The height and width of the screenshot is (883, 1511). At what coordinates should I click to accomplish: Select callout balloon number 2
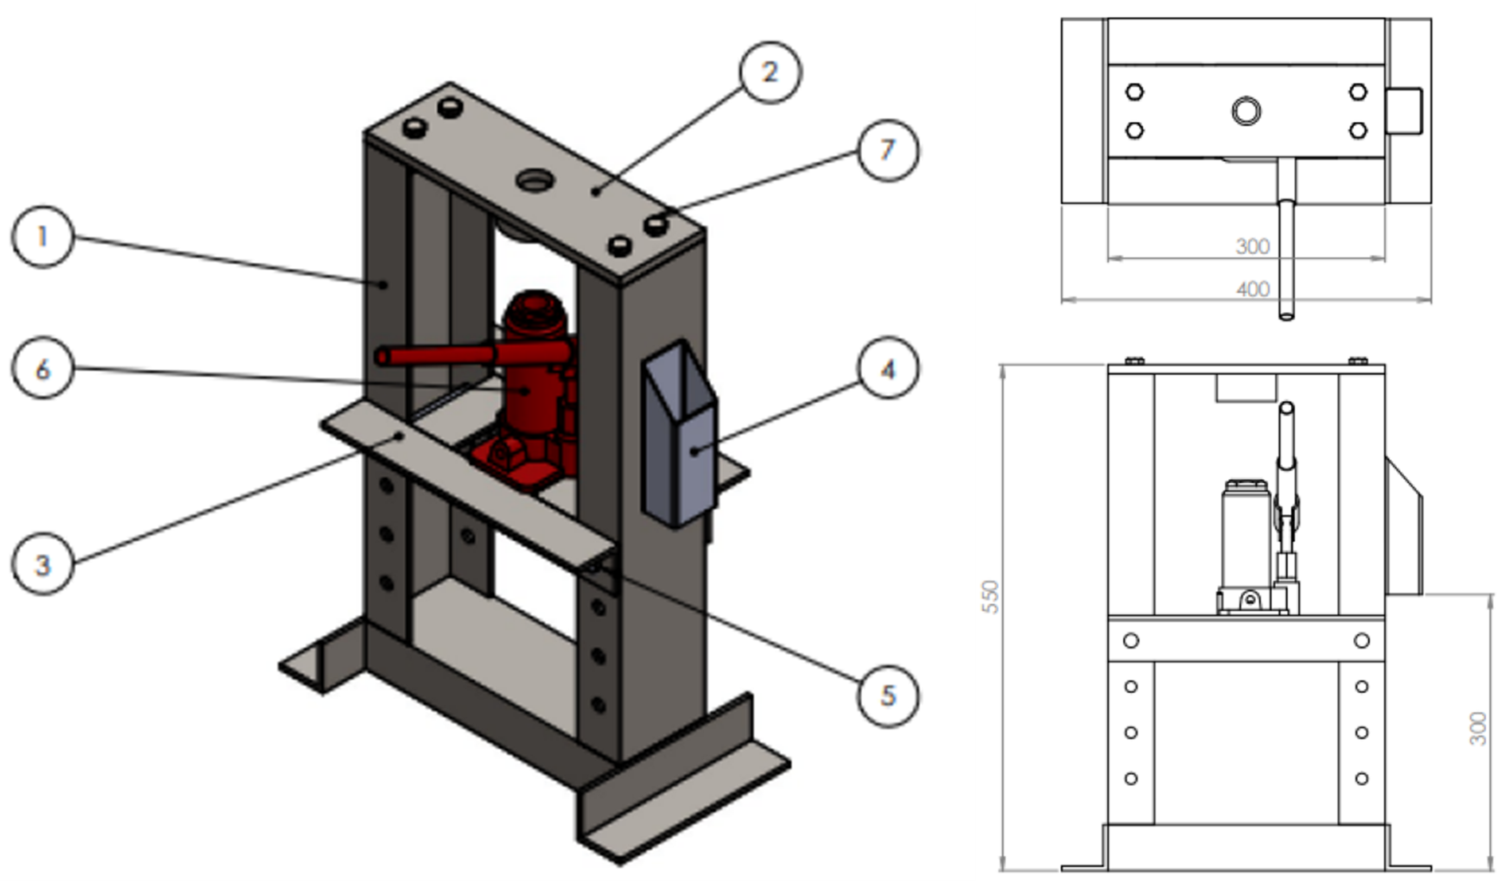pyautogui.click(x=770, y=73)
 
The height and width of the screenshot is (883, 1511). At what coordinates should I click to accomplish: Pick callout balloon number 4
pyautogui.click(x=888, y=368)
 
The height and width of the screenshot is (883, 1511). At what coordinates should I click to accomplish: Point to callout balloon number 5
pyautogui.click(x=888, y=696)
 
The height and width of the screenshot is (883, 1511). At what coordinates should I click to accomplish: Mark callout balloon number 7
pyautogui.click(x=888, y=150)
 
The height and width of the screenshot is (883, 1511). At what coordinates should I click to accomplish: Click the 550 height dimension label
pyautogui.click(x=990, y=596)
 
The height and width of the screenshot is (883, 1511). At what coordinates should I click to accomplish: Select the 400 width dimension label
pyautogui.click(x=1253, y=290)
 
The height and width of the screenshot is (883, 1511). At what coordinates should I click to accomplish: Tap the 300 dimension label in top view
pyautogui.click(x=1253, y=246)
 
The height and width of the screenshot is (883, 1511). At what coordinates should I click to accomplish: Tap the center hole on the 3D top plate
pyautogui.click(x=533, y=179)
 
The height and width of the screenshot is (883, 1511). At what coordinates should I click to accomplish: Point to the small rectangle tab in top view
pyautogui.click(x=1404, y=111)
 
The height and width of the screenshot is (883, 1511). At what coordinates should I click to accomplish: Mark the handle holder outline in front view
pyautogui.click(x=1404, y=526)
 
